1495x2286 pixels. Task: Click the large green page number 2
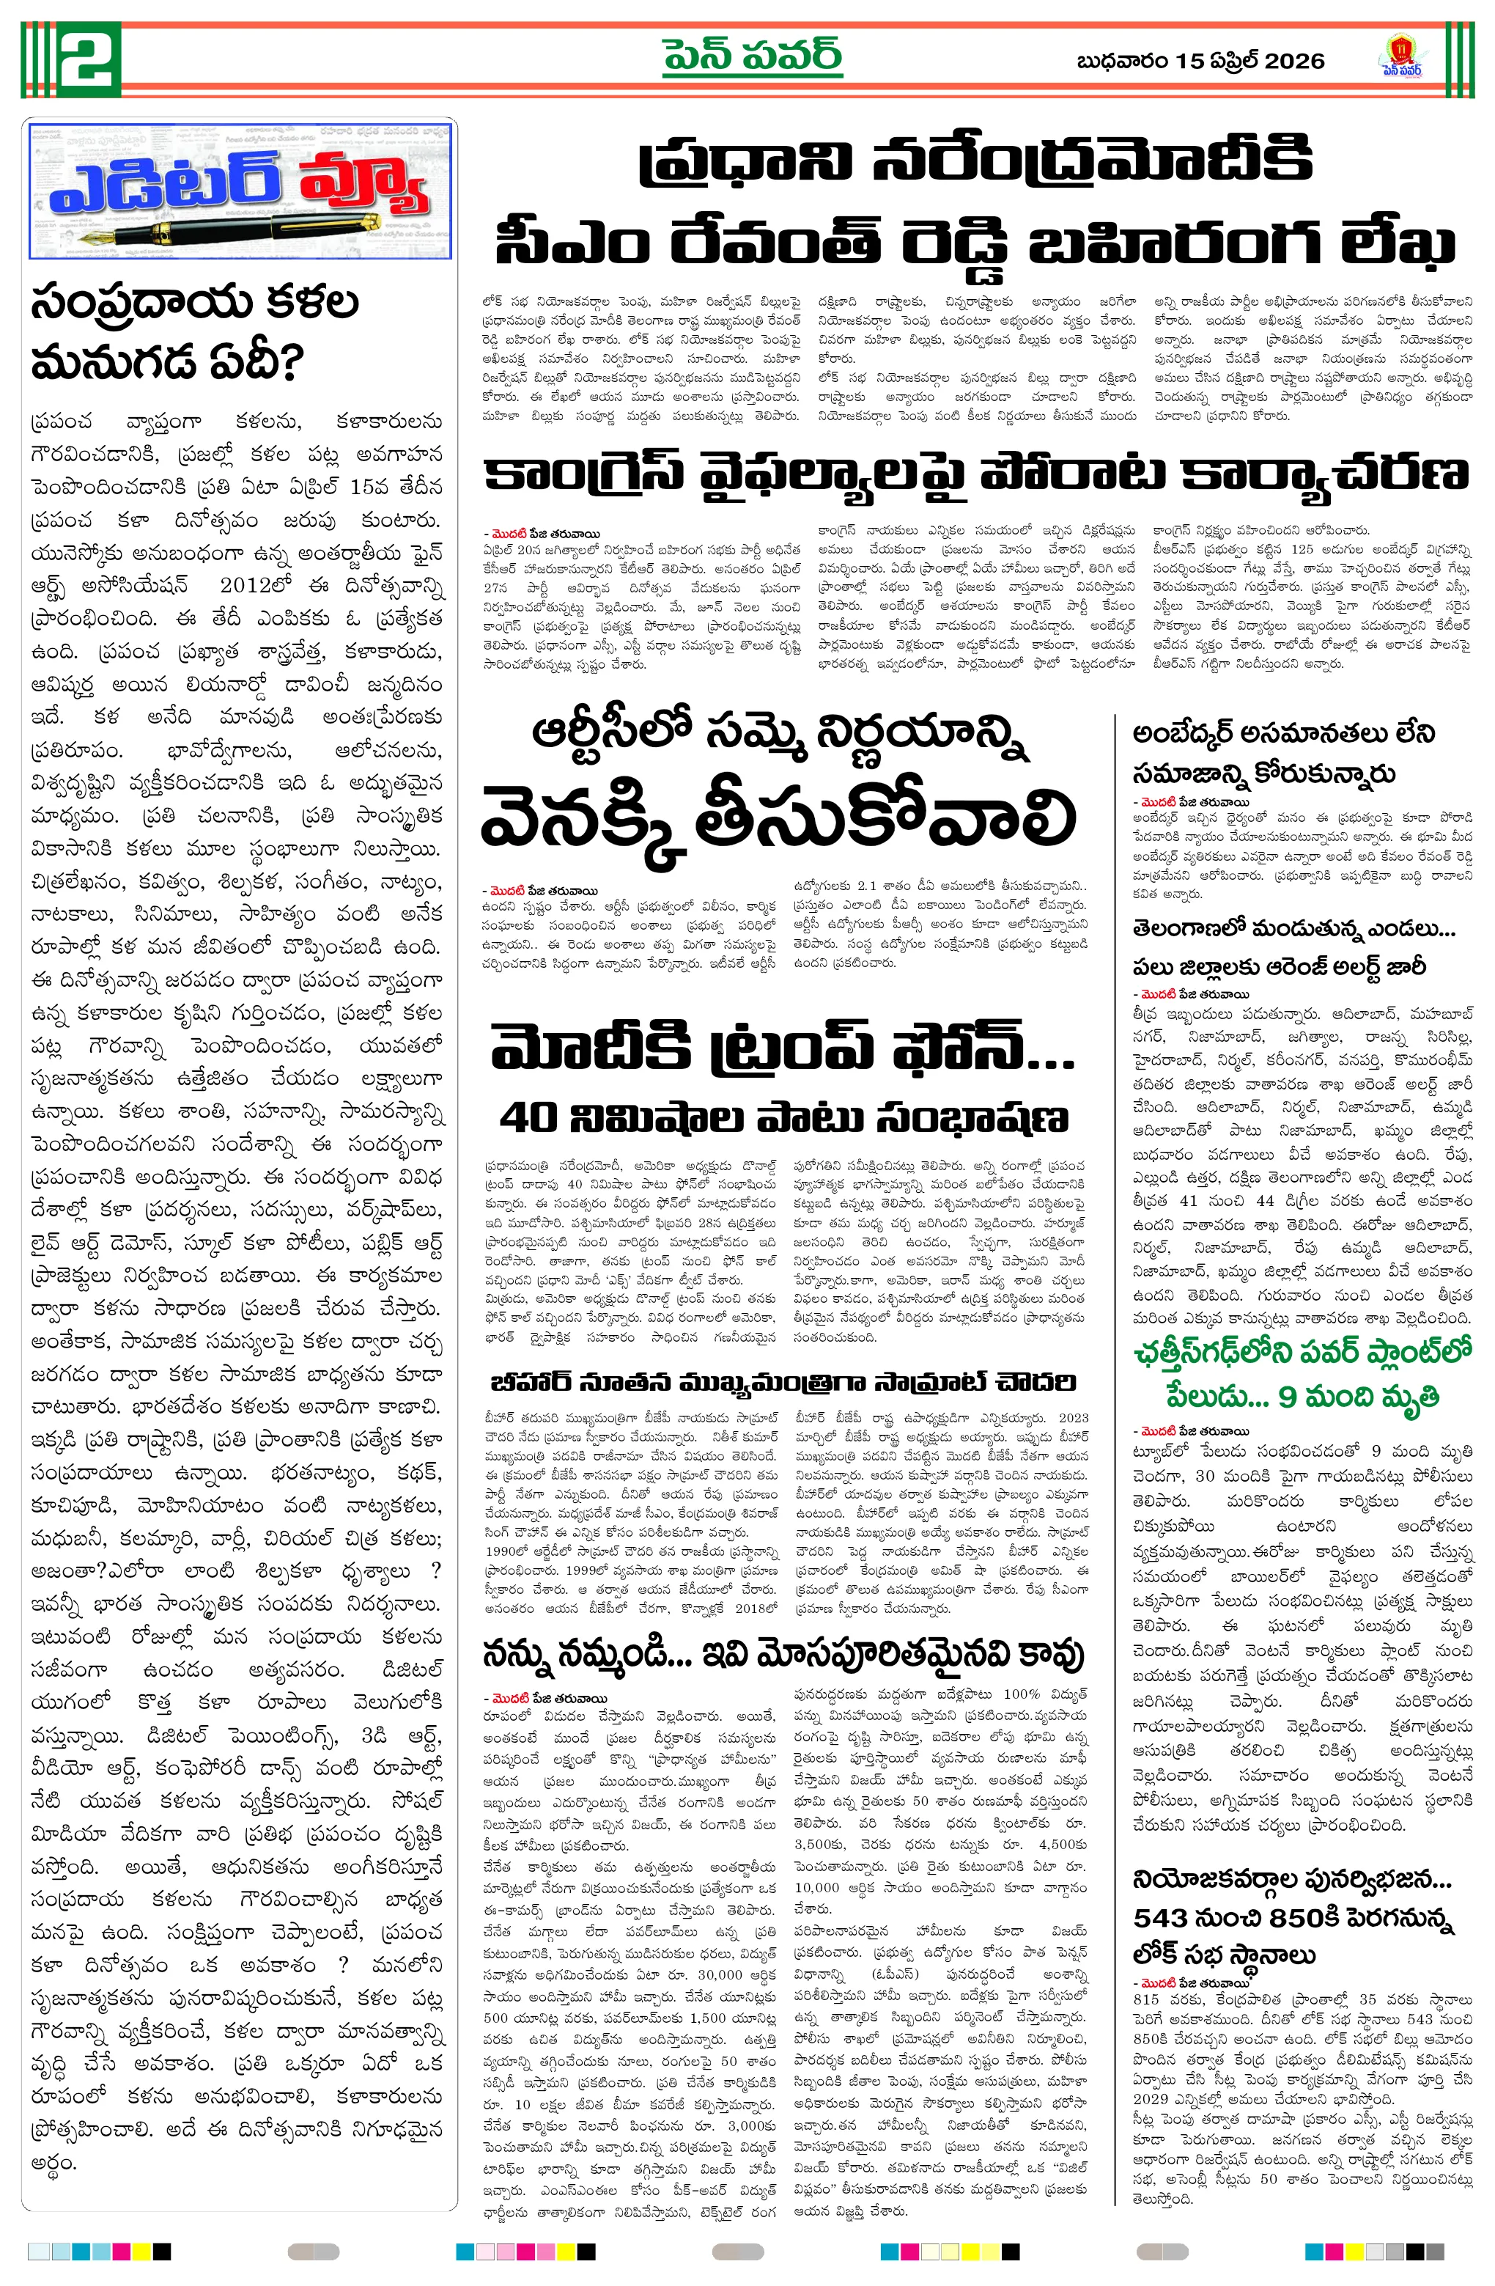pyautogui.click(x=90, y=59)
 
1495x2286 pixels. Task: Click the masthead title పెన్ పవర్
pyautogui.click(x=753, y=56)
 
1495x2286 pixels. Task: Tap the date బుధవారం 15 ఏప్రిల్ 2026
pyautogui.click(x=1200, y=62)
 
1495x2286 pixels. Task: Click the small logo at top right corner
pyautogui.click(x=1402, y=56)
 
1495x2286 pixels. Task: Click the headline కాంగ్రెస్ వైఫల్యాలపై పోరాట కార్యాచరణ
pyautogui.click(x=975, y=474)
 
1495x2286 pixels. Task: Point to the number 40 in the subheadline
pyautogui.click(x=529, y=1118)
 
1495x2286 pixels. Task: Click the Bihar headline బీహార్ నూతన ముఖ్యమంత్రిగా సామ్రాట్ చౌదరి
pyautogui.click(x=783, y=1382)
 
